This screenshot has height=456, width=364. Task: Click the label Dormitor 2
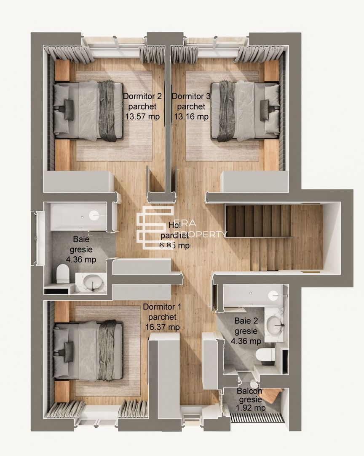tap(142, 96)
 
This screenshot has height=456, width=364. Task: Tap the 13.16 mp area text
tap(191, 117)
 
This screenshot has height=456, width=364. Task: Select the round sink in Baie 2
tap(277, 323)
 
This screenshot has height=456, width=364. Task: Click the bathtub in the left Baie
tap(78, 216)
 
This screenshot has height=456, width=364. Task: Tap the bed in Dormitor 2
tap(88, 111)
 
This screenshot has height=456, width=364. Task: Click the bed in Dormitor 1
tap(88, 350)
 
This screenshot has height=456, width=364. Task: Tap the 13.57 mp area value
tap(142, 117)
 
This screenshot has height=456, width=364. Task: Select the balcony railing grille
tap(257, 418)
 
